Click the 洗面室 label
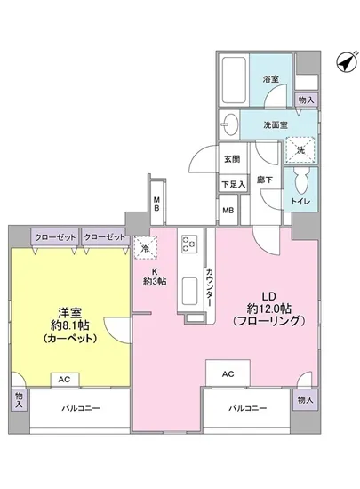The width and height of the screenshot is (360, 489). [275, 125]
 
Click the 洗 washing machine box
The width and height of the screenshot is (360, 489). [300, 150]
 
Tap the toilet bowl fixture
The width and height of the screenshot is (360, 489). [303, 184]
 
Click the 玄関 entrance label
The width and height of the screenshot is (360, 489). [231, 159]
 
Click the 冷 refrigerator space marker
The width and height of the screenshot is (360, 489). [143, 249]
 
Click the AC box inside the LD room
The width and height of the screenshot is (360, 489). [228, 373]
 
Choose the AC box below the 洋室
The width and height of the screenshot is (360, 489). [64, 379]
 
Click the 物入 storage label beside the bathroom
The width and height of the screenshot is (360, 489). [306, 100]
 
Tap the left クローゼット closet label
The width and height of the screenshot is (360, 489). [54, 237]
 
